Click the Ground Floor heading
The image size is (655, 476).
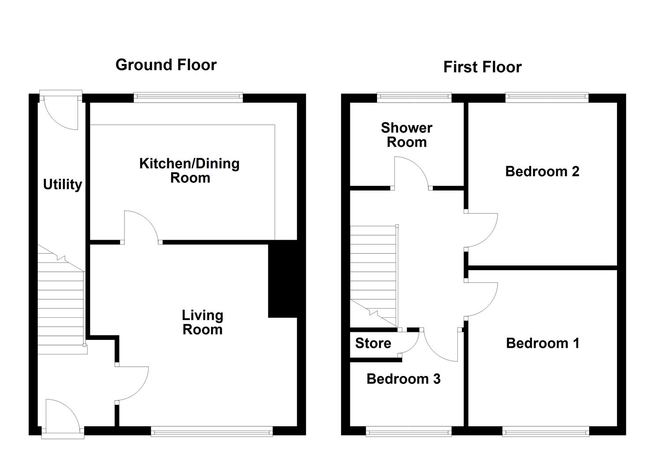point(166,65)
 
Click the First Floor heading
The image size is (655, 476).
point(483,67)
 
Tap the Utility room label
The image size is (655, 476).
point(63,185)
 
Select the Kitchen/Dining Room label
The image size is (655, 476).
point(190,171)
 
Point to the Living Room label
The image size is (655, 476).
point(202,322)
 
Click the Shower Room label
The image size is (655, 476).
point(406,135)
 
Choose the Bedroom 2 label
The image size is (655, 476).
point(542,171)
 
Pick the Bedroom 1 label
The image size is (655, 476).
point(543,343)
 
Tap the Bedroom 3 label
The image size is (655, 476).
point(404,379)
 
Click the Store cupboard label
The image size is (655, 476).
point(373,343)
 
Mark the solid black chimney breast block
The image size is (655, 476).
point(283,279)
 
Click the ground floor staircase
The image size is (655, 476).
point(61,300)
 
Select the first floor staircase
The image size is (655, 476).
point(374,276)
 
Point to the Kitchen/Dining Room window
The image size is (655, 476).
point(188,97)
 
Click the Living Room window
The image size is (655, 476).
point(212,431)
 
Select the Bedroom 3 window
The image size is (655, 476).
point(408,431)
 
